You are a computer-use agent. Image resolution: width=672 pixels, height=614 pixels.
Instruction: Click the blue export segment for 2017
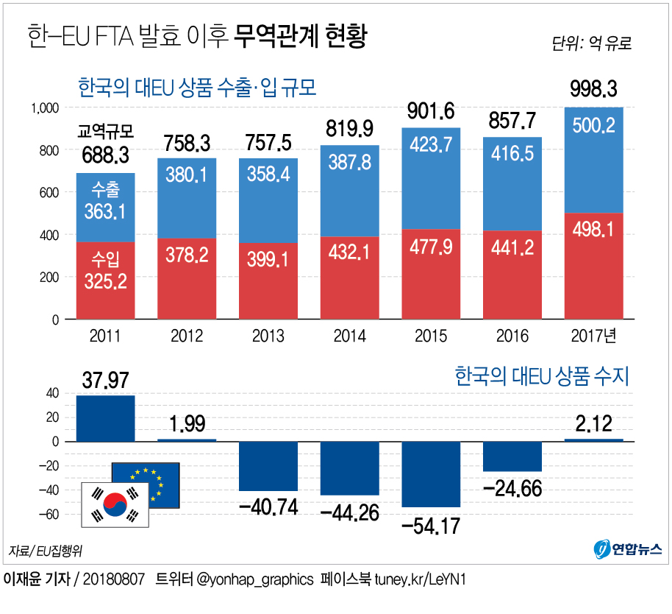[593, 160]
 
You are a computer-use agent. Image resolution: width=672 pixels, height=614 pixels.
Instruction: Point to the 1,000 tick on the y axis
[43, 108]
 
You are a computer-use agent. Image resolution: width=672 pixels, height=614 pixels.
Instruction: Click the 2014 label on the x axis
[349, 336]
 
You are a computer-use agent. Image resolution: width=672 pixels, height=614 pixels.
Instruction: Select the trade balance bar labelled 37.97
[105, 418]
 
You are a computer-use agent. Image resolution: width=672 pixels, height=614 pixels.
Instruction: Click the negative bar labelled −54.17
[431, 474]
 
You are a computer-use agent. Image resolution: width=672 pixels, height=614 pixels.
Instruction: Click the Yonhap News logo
[627, 548]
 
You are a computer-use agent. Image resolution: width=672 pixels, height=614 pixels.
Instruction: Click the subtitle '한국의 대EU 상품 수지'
[543, 377]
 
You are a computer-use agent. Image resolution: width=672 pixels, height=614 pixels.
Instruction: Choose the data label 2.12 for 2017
[593, 423]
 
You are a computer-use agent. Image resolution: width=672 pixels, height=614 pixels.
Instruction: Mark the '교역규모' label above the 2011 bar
[105, 132]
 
